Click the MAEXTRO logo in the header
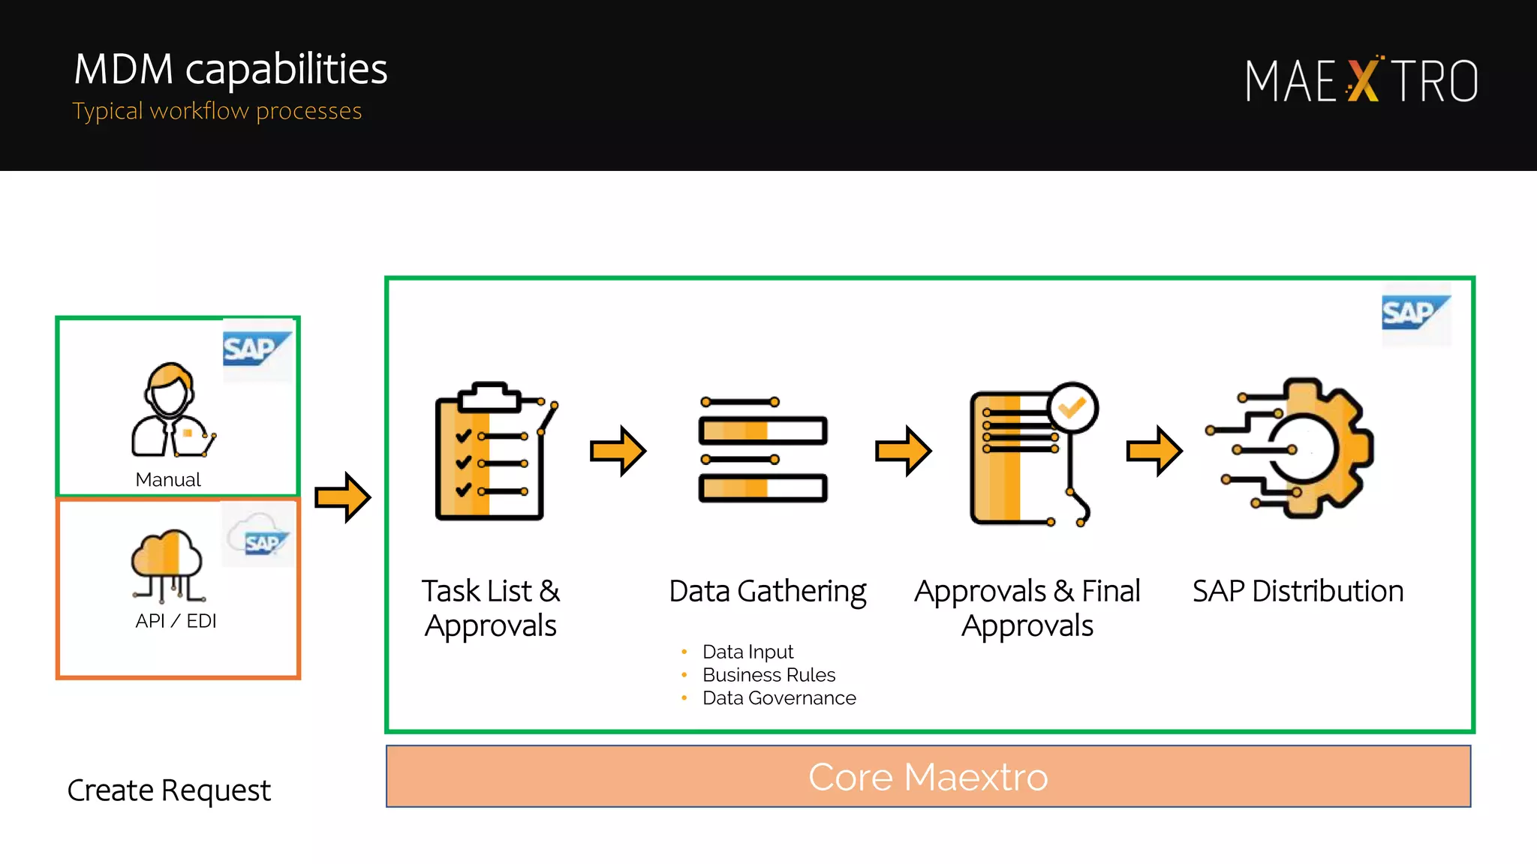[1361, 80]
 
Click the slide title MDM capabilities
[230, 69]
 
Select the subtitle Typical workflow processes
[217, 111]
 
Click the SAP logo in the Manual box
[256, 349]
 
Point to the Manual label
[168, 480]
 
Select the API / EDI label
[176, 621]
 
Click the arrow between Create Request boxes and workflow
[343, 496]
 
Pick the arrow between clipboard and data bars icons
[618, 451]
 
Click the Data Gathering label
[767, 591]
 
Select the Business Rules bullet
[768, 675]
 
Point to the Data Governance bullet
[779, 698]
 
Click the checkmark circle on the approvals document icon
[1073, 407]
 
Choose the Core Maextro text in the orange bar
[928, 777]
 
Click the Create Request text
[169, 790]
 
